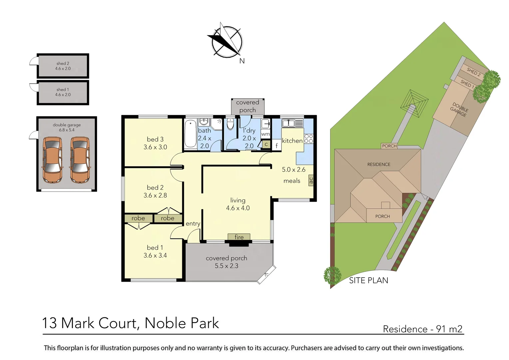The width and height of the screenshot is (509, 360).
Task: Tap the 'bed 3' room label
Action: pos(155,139)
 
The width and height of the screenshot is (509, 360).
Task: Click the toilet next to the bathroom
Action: pos(230,124)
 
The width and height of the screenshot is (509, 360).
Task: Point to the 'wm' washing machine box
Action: pos(265,134)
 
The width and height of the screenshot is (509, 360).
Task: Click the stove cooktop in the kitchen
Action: pos(308,139)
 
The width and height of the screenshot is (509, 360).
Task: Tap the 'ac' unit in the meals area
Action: pos(311,180)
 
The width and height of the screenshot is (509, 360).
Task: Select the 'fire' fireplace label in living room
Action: pos(239,237)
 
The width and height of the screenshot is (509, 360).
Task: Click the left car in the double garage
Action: pos(52,160)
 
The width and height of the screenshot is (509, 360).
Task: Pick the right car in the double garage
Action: pos(80,160)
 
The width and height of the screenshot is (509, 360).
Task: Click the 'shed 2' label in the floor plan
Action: pos(63,63)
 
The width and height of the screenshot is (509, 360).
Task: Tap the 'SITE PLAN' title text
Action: pos(368,281)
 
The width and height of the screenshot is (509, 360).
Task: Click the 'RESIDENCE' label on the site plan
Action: pos(379,164)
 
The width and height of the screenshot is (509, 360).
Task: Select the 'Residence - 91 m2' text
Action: pos(422,329)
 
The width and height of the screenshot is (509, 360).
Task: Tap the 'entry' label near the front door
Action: pos(193,224)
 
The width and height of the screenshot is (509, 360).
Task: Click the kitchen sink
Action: pos(288,123)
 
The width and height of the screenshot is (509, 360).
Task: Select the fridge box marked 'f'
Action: pos(276,145)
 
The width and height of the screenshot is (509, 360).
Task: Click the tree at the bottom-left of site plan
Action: pos(332,275)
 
